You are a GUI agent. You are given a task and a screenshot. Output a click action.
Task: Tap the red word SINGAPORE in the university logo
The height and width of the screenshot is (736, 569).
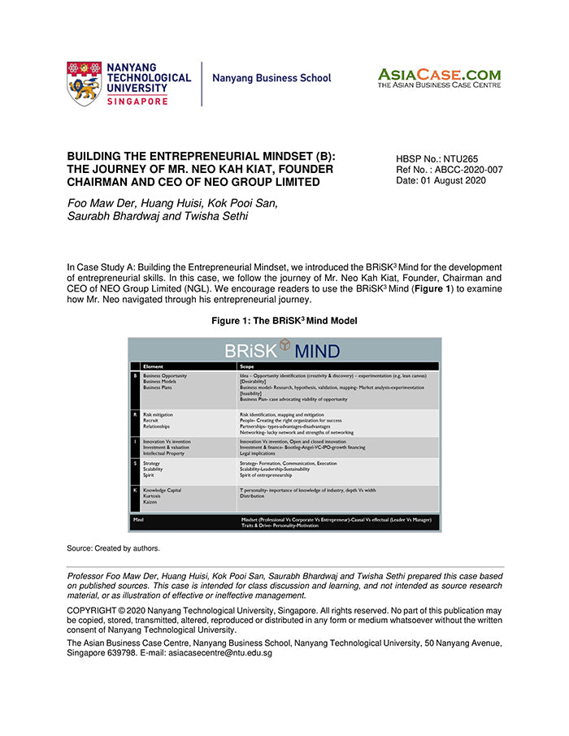pyautogui.click(x=137, y=101)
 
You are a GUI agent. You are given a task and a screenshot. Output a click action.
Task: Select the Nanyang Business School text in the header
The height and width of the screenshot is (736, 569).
pyautogui.click(x=271, y=79)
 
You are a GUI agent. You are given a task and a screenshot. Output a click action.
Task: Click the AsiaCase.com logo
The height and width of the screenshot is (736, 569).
pyautogui.click(x=439, y=79)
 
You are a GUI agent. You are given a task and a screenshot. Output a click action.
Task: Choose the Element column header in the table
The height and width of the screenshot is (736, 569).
pyautogui.click(x=153, y=366)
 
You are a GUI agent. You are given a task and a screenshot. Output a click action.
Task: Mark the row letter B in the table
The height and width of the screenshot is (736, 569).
pyautogui.click(x=135, y=376)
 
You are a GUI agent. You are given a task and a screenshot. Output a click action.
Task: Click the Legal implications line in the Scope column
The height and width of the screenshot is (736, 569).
pyautogui.click(x=264, y=453)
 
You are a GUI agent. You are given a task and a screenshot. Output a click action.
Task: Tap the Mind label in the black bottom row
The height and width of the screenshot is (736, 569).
pyautogui.click(x=139, y=517)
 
